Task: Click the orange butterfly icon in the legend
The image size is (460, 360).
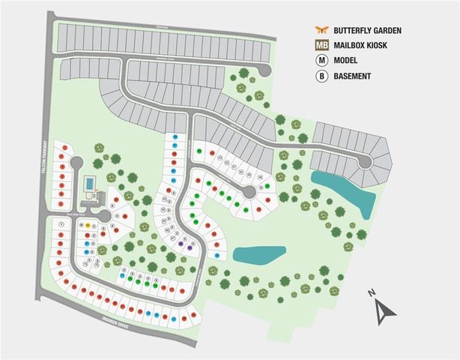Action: (321, 30)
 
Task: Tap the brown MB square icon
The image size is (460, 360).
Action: (321, 45)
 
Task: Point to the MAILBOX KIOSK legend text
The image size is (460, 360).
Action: (365, 45)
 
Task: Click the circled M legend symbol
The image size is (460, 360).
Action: (321, 61)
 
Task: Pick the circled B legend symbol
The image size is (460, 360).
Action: (321, 76)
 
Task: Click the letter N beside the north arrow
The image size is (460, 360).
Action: (371, 292)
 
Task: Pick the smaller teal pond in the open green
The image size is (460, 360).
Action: (258, 253)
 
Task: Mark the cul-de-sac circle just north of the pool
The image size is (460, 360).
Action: (75, 163)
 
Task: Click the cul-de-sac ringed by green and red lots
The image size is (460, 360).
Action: (248, 194)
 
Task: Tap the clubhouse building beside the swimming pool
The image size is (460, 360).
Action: (93, 199)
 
